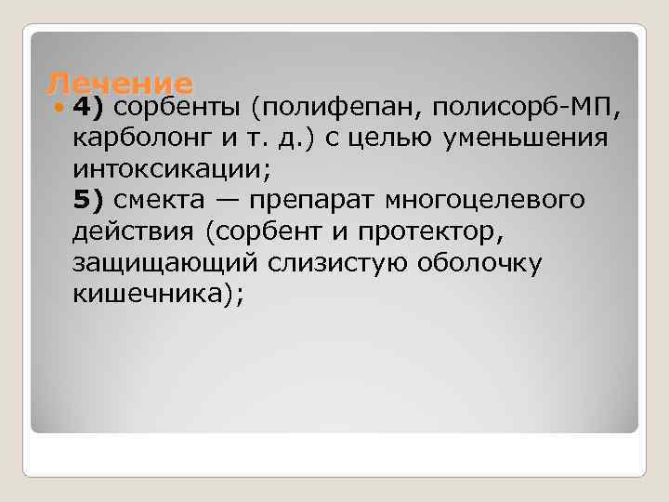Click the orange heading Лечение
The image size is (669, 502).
(120, 83)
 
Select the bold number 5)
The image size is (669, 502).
(90, 201)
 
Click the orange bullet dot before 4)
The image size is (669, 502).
(59, 108)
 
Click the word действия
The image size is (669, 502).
(130, 232)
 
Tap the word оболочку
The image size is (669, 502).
(478, 264)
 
